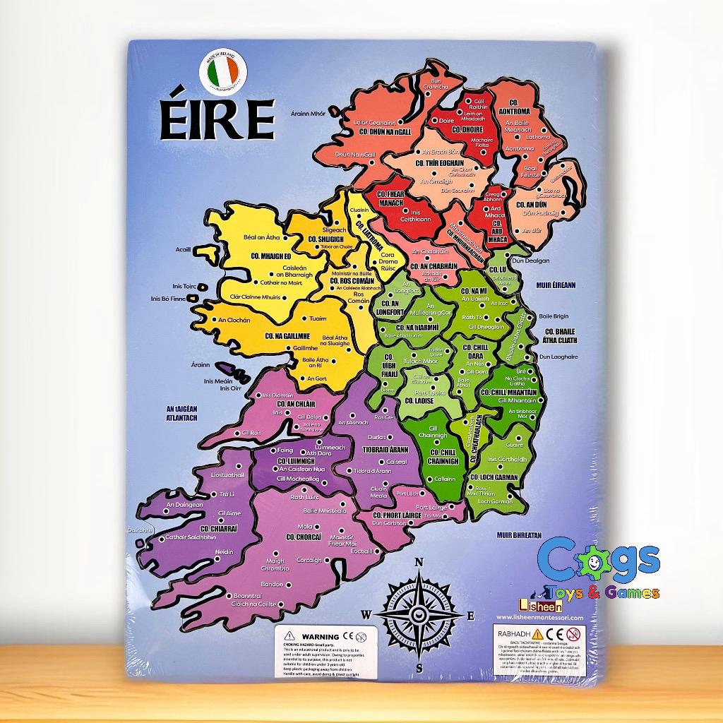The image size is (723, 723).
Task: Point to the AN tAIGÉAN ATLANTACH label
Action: [181, 413]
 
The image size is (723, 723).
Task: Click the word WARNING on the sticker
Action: [321, 636]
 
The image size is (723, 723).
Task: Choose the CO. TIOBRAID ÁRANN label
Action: [387, 449]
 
